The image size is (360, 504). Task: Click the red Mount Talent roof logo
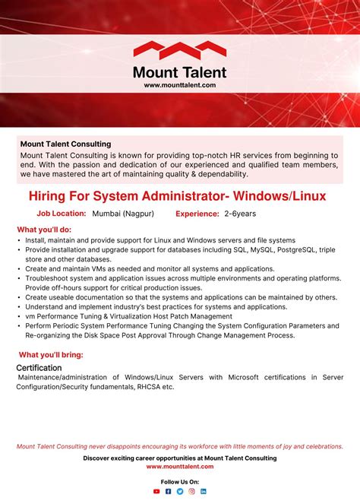click(x=180, y=51)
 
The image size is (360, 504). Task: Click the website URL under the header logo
click(x=180, y=85)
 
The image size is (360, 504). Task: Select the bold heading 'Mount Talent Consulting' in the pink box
click(x=65, y=144)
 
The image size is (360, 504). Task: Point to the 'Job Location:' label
click(x=62, y=214)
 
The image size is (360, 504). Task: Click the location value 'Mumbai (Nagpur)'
click(x=123, y=214)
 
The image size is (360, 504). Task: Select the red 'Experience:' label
click(x=197, y=214)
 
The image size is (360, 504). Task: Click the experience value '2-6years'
click(x=240, y=214)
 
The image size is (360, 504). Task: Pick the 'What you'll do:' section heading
click(x=44, y=230)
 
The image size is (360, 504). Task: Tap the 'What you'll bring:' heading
click(x=51, y=354)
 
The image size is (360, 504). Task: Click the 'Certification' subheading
click(x=39, y=368)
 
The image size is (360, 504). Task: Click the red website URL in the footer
click(x=180, y=466)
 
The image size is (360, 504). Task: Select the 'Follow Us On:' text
click(x=180, y=482)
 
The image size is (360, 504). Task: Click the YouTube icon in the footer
click(x=156, y=492)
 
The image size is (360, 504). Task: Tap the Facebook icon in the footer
click(x=169, y=492)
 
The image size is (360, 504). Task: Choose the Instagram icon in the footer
click(x=191, y=492)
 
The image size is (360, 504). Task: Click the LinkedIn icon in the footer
click(x=204, y=492)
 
